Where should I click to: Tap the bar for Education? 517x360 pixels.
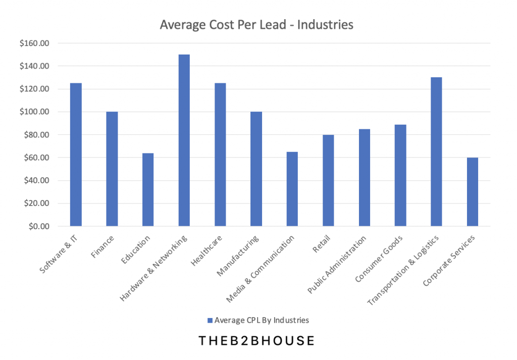[x=148, y=189]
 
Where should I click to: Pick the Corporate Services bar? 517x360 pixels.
[x=472, y=192]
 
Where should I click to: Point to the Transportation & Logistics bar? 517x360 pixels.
[x=436, y=151]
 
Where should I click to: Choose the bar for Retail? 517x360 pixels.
[x=328, y=180]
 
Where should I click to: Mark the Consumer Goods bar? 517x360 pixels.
[x=400, y=175]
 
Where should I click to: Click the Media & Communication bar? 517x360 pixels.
[x=292, y=189]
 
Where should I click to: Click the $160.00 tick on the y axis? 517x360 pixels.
[x=34, y=43]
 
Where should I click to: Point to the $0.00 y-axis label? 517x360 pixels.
[x=38, y=226]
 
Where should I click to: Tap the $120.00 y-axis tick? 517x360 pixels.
[x=34, y=89]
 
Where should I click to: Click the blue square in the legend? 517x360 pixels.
[x=210, y=320]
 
